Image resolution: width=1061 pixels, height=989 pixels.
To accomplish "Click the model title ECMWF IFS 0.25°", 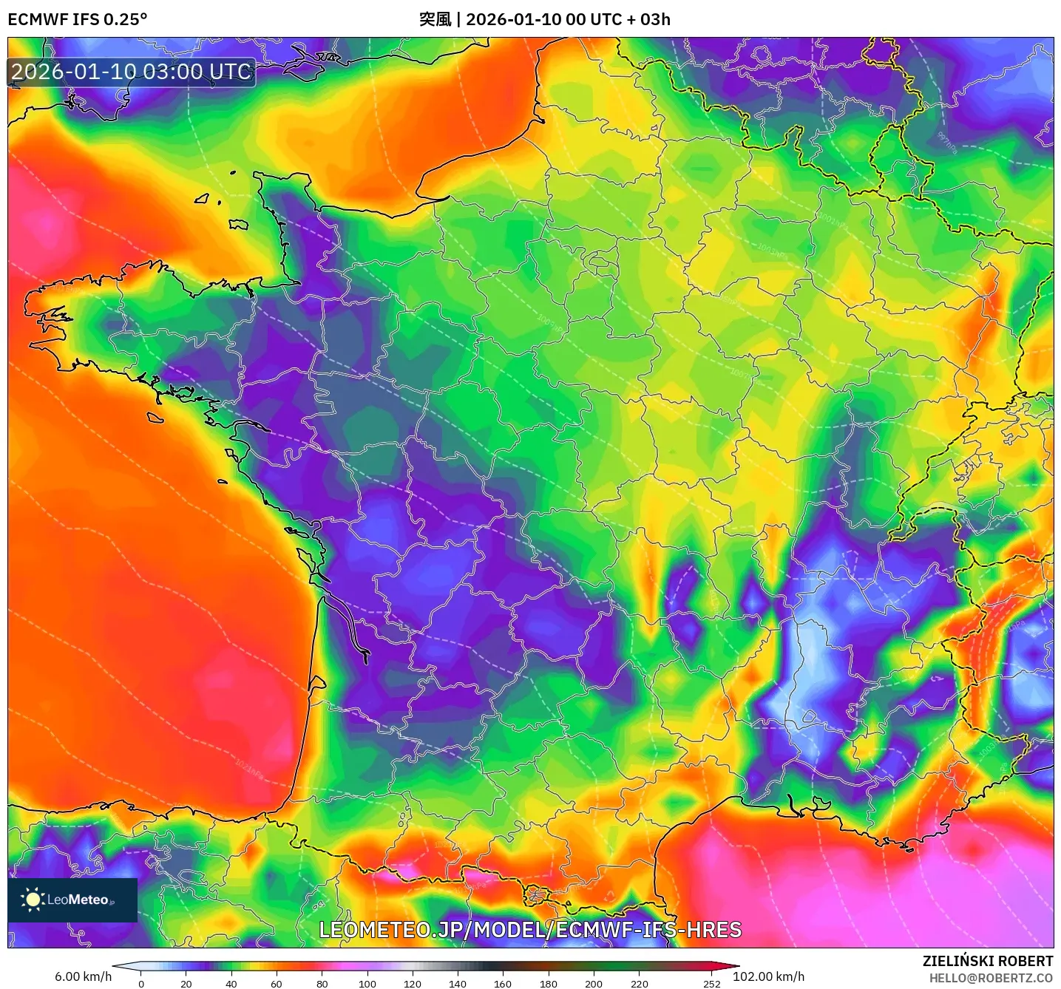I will (78, 19).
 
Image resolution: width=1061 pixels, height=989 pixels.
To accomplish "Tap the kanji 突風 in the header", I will (435, 19).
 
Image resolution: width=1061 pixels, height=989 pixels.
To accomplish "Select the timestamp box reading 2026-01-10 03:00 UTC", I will (132, 72).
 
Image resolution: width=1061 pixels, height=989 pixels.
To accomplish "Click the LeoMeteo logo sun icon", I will (33, 900).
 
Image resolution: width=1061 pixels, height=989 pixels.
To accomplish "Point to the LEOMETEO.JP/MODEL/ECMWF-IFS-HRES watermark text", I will (530, 930).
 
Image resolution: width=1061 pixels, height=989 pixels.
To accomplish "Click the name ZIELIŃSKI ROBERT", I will (987, 961).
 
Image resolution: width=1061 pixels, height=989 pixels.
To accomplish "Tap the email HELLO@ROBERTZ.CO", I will (991, 978).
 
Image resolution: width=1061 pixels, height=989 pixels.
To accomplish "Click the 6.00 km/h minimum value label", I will (83, 976).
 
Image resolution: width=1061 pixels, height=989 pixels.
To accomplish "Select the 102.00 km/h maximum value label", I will (768, 976).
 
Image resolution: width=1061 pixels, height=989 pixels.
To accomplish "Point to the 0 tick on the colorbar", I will (141, 983).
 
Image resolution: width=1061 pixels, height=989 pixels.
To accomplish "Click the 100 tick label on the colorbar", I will (367, 983).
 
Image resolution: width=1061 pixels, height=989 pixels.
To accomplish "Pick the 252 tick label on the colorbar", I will (711, 983).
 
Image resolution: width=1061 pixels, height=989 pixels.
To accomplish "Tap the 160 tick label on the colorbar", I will (503, 983).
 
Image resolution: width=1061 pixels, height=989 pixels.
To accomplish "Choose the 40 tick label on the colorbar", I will (231, 983).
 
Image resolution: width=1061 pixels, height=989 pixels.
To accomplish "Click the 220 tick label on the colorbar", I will (639, 983).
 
